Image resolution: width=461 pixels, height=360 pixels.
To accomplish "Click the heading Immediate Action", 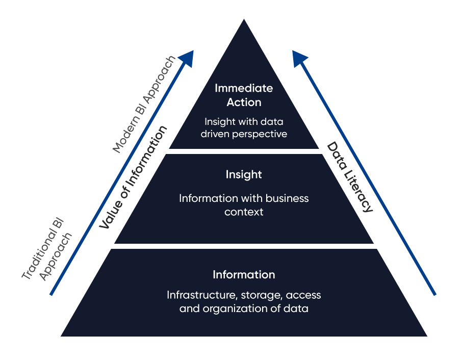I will tap(244, 95).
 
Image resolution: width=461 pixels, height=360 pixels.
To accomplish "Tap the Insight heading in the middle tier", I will tap(244, 174).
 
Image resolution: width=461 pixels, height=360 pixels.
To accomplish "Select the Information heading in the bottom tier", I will tap(244, 275).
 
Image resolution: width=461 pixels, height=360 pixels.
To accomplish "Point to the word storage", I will tap(254, 295).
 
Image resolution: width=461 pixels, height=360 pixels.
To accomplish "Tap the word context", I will tap(244, 211).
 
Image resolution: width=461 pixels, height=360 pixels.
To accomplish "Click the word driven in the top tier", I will tap(217, 135).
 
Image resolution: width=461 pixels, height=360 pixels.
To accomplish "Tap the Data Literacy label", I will tap(350, 177).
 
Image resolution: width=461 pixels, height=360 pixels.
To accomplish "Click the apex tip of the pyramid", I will tap(244, 20).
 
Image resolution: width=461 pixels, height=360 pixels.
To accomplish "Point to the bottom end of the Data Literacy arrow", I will tap(435, 294).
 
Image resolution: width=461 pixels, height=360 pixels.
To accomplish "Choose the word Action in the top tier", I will tap(244, 102).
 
